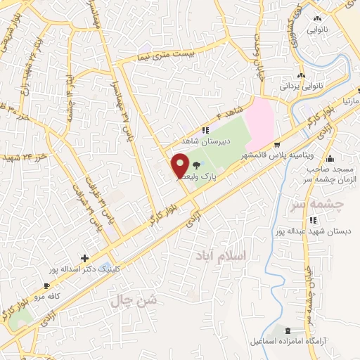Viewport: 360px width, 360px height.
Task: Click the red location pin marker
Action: (x=180, y=165)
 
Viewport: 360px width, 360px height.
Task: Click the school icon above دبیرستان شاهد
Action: (x=205, y=130)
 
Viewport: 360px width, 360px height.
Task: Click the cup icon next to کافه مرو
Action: (x=46, y=286)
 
